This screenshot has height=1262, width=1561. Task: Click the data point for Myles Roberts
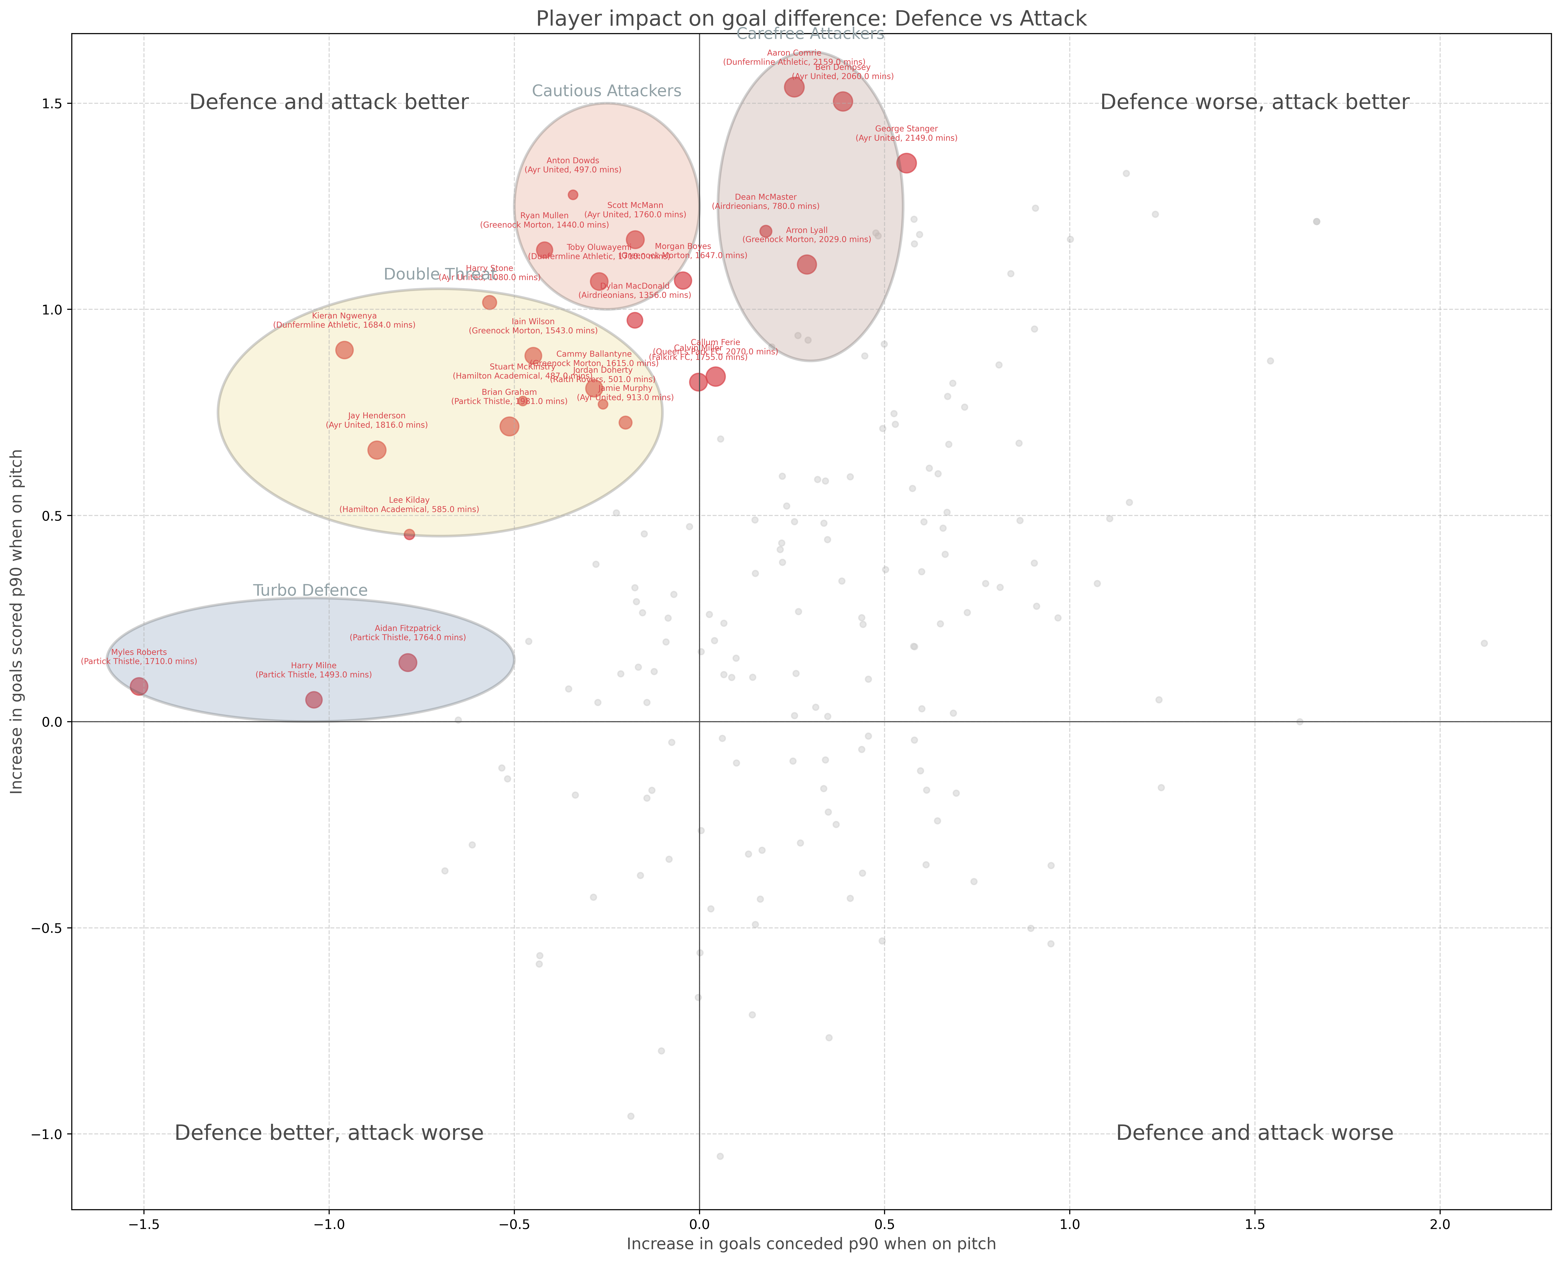(139, 686)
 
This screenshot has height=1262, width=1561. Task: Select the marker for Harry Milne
(313, 699)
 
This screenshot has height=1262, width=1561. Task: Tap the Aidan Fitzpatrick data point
(408, 662)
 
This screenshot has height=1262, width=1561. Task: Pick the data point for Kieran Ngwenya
(345, 350)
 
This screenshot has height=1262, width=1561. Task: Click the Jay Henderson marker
(377, 450)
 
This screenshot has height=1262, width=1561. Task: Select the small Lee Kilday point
(409, 534)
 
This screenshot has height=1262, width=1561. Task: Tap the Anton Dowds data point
(573, 195)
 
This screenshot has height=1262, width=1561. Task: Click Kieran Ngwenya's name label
(345, 316)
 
